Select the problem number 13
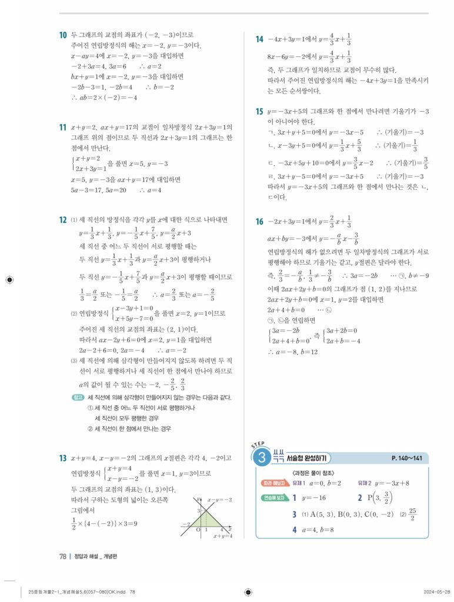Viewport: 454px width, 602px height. (x=62, y=458)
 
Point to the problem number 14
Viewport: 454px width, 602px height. (x=259, y=39)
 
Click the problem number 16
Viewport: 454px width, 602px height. (x=259, y=222)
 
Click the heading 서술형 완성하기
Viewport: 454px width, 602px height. (x=309, y=458)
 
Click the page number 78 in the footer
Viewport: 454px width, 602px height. (x=62, y=557)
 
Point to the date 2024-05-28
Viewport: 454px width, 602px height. (x=436, y=591)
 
